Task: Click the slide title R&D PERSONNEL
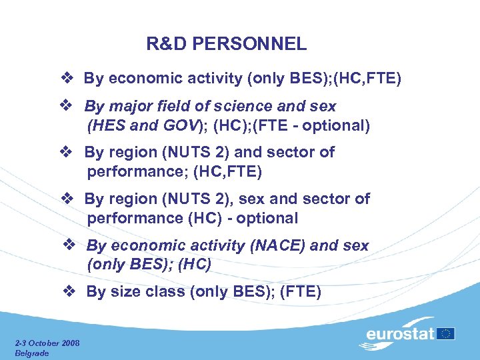coord(227,44)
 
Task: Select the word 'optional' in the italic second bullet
coord(343,125)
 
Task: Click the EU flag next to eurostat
coord(446,333)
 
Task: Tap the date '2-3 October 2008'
coord(47,343)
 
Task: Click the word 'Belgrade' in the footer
coord(31,353)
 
